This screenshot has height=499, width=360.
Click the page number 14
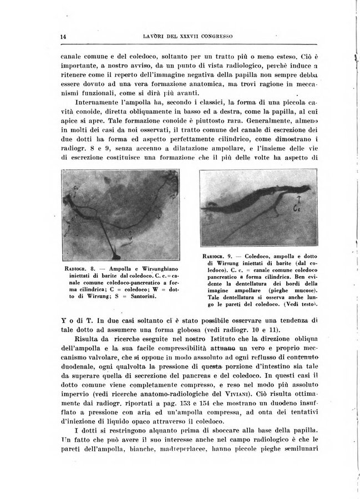pos(63,37)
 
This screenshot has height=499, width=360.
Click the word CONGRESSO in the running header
pos(212,37)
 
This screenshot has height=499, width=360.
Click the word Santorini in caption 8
pos(141,297)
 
